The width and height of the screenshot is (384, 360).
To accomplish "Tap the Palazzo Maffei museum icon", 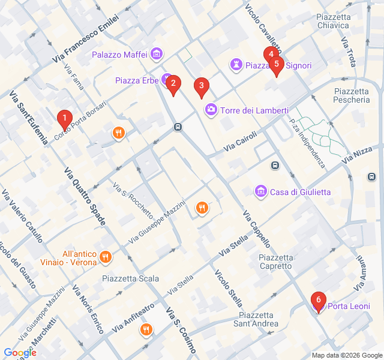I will coord(156,55).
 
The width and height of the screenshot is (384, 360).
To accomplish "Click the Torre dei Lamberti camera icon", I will coord(211,110).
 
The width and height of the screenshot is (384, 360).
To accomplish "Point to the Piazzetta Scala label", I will coord(130,278).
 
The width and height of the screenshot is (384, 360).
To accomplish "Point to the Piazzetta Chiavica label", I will coord(332,21).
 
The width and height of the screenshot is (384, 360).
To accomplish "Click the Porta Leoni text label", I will coord(348,307).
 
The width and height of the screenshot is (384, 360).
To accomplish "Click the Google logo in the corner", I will coord(20,353).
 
